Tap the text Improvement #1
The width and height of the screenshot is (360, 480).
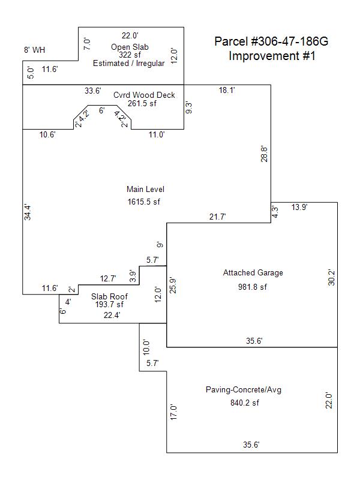click(x=272, y=56)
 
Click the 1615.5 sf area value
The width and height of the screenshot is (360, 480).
click(x=143, y=202)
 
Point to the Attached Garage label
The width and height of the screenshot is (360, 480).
click(x=253, y=273)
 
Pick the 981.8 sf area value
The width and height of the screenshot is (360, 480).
click(x=253, y=287)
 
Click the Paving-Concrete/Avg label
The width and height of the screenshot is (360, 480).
click(x=244, y=390)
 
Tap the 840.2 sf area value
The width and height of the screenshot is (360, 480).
click(x=244, y=403)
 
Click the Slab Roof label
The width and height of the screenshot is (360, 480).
click(x=109, y=296)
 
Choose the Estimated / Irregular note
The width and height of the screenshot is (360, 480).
click(x=128, y=64)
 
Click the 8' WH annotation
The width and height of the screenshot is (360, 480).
click(x=34, y=50)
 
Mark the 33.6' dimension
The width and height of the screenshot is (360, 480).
click(x=93, y=91)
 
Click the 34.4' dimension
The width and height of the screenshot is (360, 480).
click(x=28, y=213)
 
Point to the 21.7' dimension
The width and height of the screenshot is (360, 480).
click(x=218, y=217)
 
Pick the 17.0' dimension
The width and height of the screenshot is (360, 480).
click(x=174, y=412)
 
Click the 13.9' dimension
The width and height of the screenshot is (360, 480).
click(x=300, y=207)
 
